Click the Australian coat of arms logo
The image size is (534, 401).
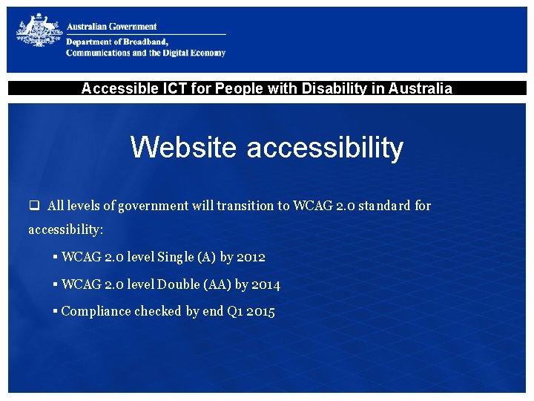39,34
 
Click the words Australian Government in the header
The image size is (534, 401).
111,27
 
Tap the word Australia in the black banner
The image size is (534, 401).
420,88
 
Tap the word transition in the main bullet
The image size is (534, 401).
243,206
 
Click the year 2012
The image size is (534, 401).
251,257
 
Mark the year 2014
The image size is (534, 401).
266,284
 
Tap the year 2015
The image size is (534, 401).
260,312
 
